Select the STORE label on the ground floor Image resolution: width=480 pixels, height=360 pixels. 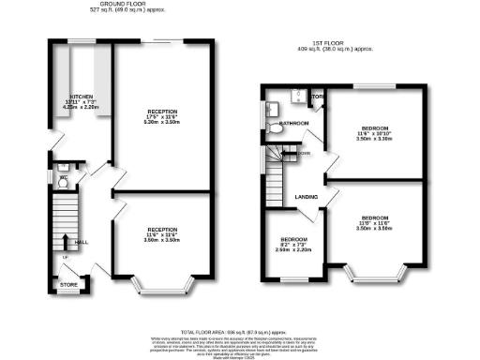pyautogui.click(x=68, y=284)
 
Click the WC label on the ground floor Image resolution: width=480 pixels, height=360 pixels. pyautogui.click(x=63, y=175)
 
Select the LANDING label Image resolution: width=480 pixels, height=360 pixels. pyautogui.click(x=304, y=197)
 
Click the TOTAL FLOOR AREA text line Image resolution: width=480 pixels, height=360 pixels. pyautogui.click(x=239, y=329)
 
